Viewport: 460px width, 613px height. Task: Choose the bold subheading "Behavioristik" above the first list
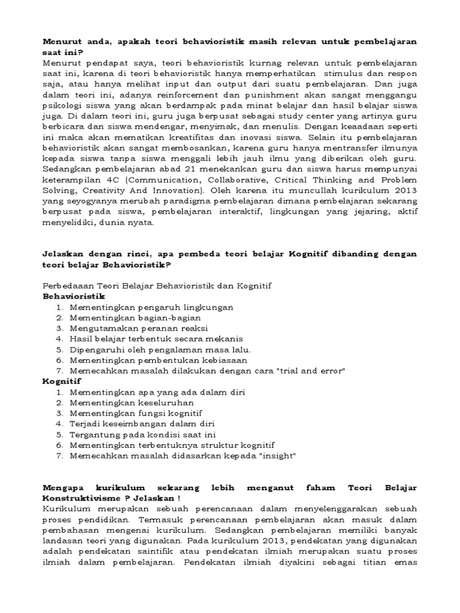coord(74,296)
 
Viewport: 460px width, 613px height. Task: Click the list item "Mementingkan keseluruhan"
coord(126,403)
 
